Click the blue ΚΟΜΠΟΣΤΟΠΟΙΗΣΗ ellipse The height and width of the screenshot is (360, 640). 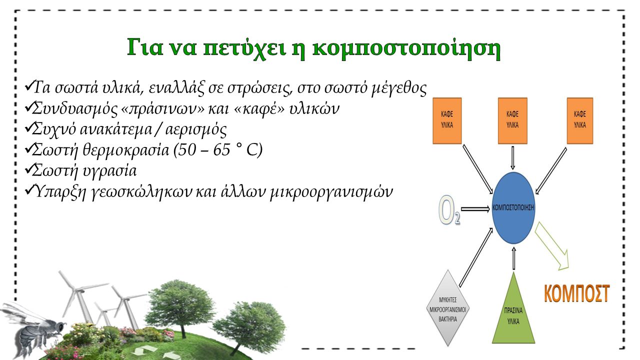click(513, 207)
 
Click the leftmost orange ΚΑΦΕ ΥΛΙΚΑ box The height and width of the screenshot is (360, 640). click(447, 121)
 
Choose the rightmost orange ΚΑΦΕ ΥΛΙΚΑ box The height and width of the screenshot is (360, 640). click(579, 121)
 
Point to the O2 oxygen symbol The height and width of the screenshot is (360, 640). click(449, 211)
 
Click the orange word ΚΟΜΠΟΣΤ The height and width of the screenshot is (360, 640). click(576, 293)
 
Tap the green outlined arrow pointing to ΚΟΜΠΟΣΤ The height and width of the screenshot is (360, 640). click(554, 246)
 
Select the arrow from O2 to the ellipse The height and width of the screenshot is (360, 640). click(475, 208)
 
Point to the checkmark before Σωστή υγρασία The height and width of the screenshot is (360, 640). click(28, 169)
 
